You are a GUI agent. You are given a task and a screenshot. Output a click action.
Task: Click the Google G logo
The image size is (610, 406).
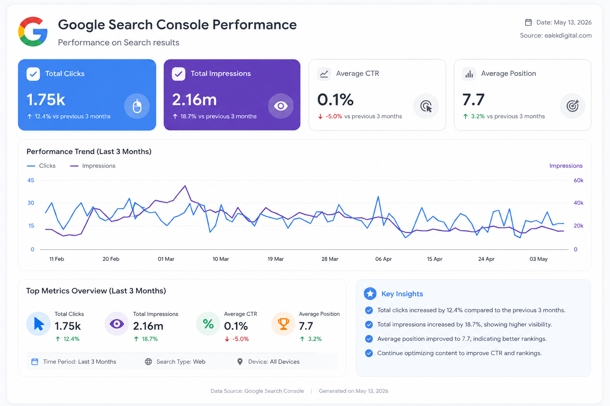tap(33, 32)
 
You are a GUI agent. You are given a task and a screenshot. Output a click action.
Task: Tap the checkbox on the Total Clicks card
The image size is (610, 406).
tap(33, 74)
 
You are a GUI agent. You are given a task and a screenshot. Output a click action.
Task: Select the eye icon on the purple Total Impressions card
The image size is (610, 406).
tap(281, 106)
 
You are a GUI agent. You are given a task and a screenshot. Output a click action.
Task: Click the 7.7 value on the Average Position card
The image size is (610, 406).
tap(473, 100)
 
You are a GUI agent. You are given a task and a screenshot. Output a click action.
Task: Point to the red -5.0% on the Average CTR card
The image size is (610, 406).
tap(334, 117)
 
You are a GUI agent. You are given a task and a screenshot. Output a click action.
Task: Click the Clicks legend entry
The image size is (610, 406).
tap(41, 166)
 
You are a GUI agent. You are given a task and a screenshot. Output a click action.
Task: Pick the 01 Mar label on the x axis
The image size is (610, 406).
tap(166, 259)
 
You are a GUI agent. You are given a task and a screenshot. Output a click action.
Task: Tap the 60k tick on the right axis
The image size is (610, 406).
tap(578, 180)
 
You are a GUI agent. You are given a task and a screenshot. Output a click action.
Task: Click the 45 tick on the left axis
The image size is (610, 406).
tap(31, 180)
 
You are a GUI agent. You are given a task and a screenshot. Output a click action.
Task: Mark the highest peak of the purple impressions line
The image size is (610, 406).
tap(185, 186)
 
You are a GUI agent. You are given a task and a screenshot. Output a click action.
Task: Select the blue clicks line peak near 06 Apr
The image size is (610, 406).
tap(378, 196)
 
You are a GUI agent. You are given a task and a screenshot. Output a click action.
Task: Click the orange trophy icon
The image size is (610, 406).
tap(284, 324)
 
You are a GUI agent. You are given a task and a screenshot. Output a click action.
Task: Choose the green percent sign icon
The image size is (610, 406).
tap(208, 324)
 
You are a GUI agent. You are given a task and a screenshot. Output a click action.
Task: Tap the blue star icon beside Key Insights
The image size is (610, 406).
tap(370, 294)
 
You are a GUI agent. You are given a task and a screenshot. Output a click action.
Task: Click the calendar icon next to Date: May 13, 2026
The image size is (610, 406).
tap(528, 22)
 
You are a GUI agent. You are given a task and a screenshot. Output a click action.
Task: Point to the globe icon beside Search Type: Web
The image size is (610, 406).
tap(149, 362)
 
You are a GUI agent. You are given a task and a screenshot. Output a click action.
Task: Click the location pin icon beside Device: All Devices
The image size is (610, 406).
tap(240, 362)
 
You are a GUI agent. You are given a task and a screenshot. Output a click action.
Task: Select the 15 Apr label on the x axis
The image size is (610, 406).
tap(434, 259)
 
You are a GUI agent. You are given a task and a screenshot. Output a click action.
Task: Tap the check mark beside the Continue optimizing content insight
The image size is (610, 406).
tap(369, 353)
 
